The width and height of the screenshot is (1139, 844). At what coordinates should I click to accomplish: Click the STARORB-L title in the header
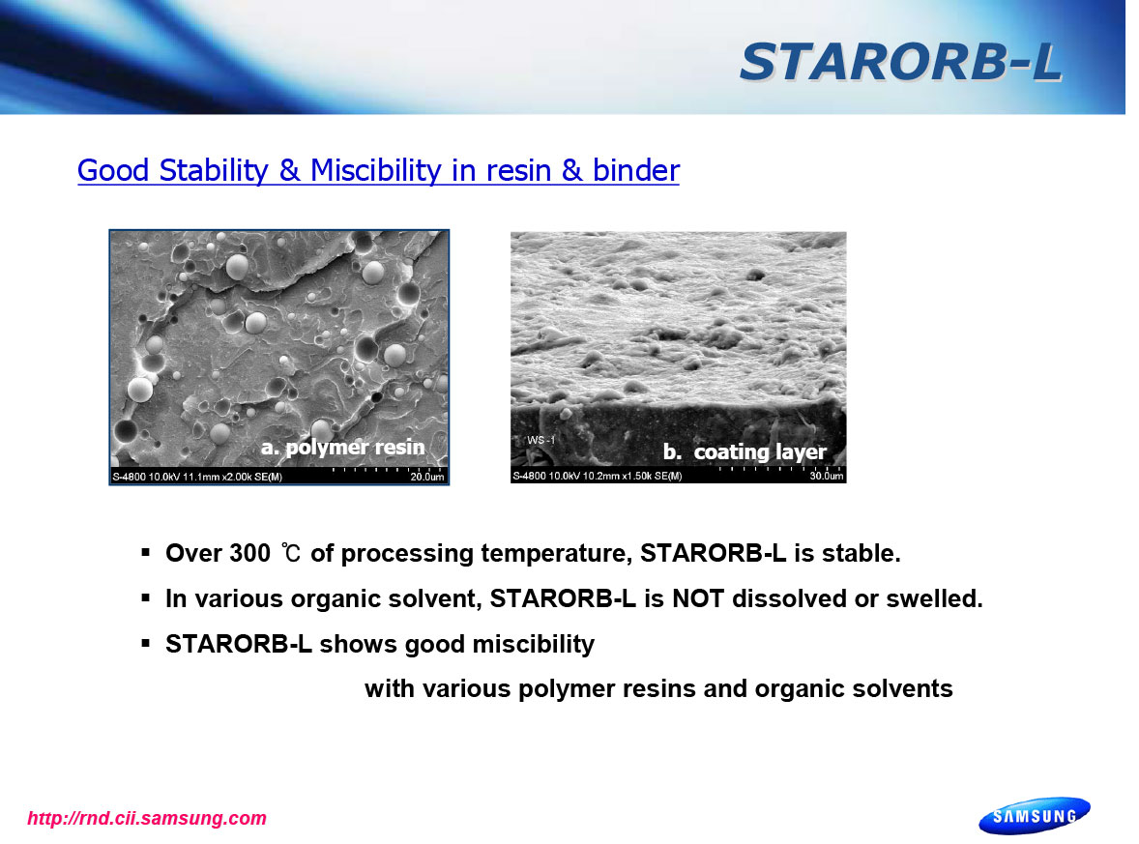point(901,62)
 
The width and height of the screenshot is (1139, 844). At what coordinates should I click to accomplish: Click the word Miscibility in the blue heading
point(375,171)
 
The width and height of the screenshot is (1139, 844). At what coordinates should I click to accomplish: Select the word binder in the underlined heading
point(635,171)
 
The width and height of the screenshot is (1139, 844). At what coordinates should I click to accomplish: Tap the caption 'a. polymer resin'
point(343,447)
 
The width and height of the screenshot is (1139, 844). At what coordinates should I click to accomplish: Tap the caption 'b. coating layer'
point(745,451)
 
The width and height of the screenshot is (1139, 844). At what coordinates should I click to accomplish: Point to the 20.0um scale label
point(427,477)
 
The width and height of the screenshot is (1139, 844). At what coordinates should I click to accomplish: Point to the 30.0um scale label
point(827,476)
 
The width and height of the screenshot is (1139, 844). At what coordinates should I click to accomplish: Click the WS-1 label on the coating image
point(541,440)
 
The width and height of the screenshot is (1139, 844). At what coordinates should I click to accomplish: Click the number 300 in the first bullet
point(249,553)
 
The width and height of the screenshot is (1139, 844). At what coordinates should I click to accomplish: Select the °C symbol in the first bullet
point(291,553)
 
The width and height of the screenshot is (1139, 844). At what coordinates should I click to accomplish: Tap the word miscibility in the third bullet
point(533,644)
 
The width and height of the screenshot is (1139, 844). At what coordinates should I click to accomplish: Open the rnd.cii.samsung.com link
point(147,819)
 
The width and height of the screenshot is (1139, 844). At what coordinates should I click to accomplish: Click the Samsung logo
point(1035,816)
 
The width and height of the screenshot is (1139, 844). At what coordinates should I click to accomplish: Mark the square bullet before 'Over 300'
point(146,553)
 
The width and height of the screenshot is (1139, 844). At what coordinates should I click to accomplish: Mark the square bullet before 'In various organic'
point(146,598)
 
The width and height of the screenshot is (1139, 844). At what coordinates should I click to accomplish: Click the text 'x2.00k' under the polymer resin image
point(232,478)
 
